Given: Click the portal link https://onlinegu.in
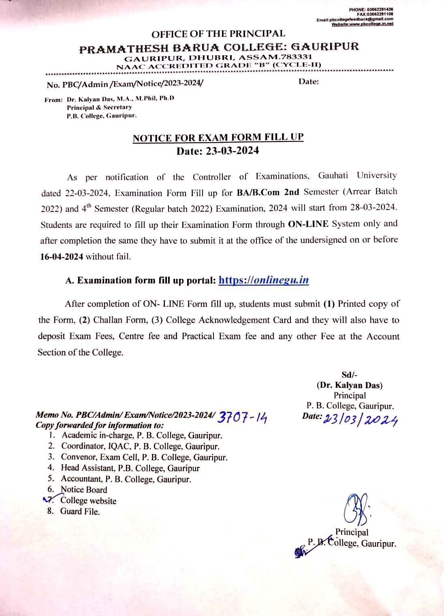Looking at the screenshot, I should tap(264, 280).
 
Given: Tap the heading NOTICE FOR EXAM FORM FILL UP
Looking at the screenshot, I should tap(218, 137).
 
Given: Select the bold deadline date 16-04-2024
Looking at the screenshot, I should tap(62, 257).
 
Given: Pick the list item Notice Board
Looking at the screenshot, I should tap(84, 490).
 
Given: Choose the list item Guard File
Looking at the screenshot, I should tap(80, 511).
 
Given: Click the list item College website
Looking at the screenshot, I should tap(88, 501).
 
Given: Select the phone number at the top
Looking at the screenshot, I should tap(371, 9).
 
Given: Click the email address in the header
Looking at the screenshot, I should tap(355, 19).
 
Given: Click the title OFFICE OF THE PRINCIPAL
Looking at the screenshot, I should tap(218, 34).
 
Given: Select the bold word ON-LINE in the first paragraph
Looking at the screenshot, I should tap(308, 224).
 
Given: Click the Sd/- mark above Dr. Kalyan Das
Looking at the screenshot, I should tap(349, 375).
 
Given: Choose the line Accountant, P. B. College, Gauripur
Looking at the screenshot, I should tap(126, 479).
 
